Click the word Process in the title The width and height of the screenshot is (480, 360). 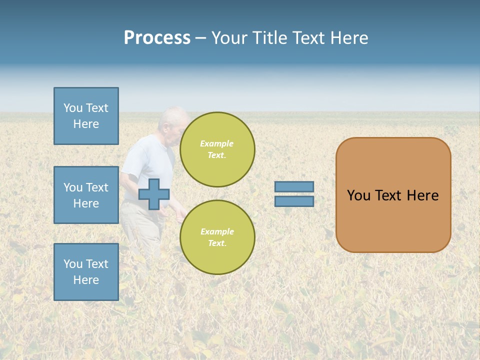click(x=157, y=38)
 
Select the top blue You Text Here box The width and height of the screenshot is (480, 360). click(x=86, y=116)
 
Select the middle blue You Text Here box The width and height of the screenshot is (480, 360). click(x=86, y=195)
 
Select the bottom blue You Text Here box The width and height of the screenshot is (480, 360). click(x=86, y=272)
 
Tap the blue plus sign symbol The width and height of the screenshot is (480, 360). click(x=154, y=194)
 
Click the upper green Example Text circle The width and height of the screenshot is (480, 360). click(x=217, y=149)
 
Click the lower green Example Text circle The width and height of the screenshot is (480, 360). click(x=217, y=237)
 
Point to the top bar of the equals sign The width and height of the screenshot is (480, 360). click(x=294, y=186)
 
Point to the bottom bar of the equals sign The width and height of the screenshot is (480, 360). click(x=294, y=201)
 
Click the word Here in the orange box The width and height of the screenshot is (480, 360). click(x=422, y=195)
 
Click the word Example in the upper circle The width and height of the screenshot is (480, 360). click(x=216, y=143)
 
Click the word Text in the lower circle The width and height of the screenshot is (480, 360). click(x=217, y=243)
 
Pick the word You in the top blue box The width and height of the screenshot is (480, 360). click(x=73, y=108)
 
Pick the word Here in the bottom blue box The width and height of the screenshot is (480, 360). click(x=86, y=280)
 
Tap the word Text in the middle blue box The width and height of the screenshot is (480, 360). click(x=96, y=187)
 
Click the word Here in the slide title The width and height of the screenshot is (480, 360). click(x=348, y=38)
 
